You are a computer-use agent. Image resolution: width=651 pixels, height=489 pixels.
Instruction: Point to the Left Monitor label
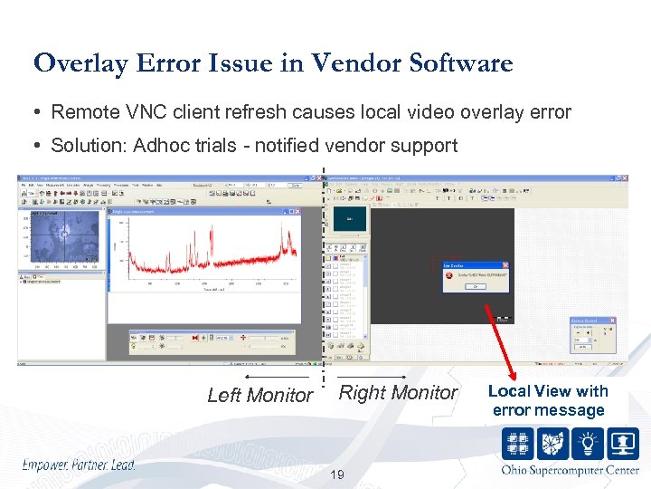(x=259, y=395)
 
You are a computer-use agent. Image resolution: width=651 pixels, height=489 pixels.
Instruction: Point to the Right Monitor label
(x=398, y=392)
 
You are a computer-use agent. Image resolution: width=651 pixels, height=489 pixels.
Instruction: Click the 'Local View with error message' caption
(x=548, y=400)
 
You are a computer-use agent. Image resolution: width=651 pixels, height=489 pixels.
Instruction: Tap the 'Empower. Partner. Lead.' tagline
(x=79, y=465)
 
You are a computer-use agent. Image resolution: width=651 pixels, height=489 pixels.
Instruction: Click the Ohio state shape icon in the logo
(x=554, y=444)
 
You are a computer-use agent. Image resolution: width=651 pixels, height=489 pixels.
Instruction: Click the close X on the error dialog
(x=505, y=265)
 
